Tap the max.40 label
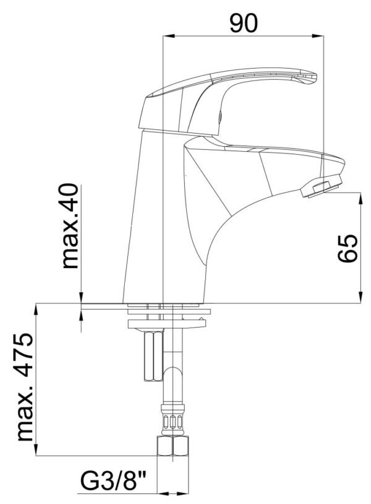click(x=71, y=226)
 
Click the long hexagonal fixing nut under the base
click(x=152, y=356)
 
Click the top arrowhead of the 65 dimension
click(x=360, y=198)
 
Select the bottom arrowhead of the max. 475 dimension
click(x=36, y=451)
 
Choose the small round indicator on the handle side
click(x=218, y=115)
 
